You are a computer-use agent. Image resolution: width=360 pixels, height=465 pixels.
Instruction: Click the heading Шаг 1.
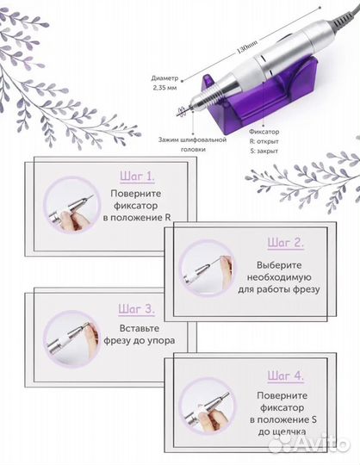pyautogui.click(x=137, y=177)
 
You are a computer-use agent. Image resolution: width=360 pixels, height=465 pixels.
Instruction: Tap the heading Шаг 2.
pyautogui.click(x=286, y=243)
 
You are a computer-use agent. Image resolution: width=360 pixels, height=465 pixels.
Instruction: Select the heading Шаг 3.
pyautogui.click(x=136, y=309)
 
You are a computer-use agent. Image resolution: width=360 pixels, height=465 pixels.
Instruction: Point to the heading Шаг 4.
pyautogui.click(x=286, y=375)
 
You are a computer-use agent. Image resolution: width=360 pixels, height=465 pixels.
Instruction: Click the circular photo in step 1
pyautogui.click(x=72, y=205)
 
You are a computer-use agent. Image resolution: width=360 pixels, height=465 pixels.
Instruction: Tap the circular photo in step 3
pyautogui.click(x=72, y=339)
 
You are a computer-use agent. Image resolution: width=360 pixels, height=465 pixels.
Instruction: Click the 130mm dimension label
pyautogui.click(x=246, y=46)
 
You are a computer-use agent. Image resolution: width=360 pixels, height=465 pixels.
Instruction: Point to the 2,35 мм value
pyautogui.click(x=164, y=88)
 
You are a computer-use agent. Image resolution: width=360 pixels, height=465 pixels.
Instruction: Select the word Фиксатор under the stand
pyautogui.click(x=264, y=132)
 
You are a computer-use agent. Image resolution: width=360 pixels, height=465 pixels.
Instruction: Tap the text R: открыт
pyautogui.click(x=264, y=141)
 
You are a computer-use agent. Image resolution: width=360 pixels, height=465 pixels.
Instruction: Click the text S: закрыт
pyautogui.click(x=264, y=151)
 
